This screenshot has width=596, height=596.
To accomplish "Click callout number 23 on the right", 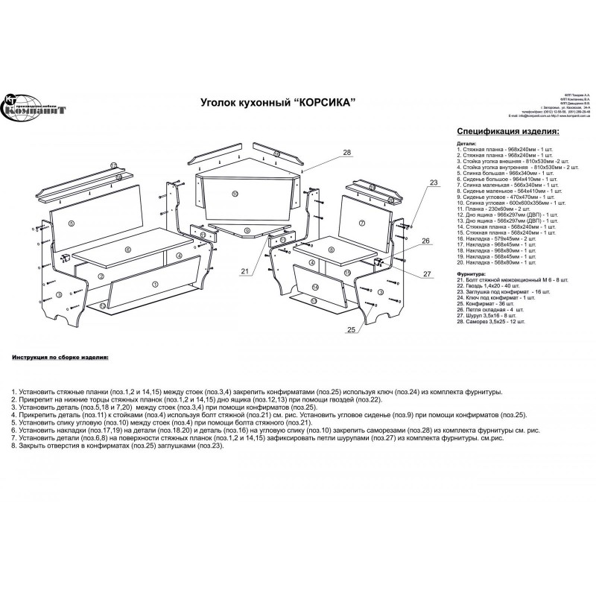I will point(433,183).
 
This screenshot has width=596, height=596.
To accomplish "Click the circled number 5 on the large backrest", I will point(72,223).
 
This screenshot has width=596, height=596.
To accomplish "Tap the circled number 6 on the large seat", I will point(129,250).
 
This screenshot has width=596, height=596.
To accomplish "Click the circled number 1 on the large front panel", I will point(154,283).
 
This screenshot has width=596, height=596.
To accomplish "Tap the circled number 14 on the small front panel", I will point(316,286).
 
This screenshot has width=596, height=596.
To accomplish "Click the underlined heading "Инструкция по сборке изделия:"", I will point(60,357).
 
